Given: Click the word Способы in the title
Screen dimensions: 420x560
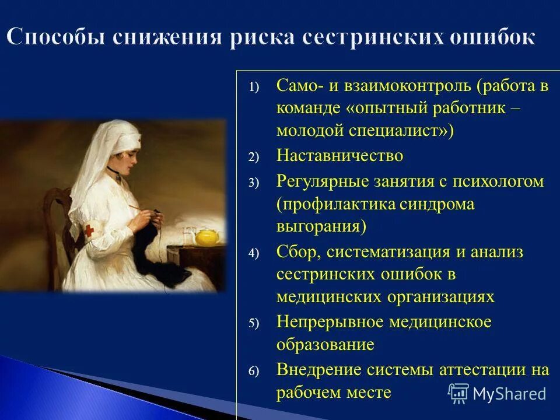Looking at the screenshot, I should click(x=57, y=37).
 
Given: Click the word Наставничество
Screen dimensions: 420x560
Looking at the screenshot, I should click(x=339, y=156).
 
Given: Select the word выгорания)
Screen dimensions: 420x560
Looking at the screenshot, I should click(x=321, y=226).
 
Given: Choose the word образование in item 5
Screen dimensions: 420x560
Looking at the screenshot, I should click(x=325, y=345).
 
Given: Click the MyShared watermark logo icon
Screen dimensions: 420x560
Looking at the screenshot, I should click(x=459, y=393).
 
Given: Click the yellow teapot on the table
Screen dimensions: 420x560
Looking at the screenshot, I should click(x=206, y=236).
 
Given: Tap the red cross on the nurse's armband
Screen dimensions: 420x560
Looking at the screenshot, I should click(x=89, y=231).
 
